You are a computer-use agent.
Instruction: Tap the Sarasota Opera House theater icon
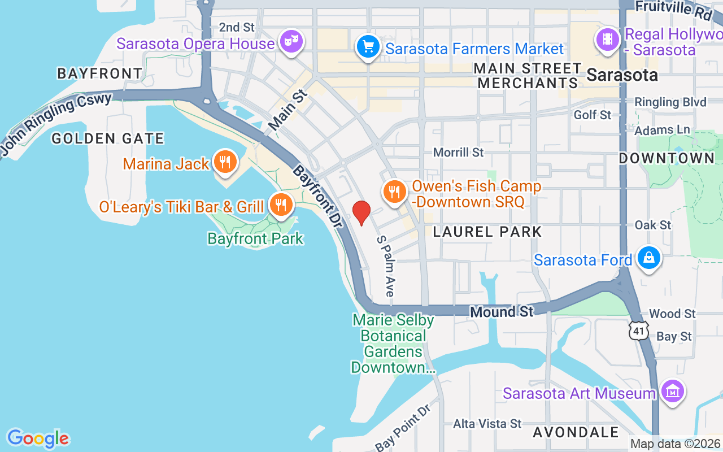(292, 41)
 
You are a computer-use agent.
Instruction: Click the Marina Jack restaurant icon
(225, 162)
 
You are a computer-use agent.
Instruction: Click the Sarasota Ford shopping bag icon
(649, 258)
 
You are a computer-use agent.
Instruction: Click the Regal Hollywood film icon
(607, 40)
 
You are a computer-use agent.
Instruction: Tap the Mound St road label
(502, 311)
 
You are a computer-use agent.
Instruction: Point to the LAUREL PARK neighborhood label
(487, 231)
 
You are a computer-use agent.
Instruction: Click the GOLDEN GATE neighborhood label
(107, 138)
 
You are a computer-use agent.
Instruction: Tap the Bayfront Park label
(255, 238)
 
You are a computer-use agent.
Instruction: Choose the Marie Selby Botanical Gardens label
(393, 344)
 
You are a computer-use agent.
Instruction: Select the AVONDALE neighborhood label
(576, 432)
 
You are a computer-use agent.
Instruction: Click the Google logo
(38, 438)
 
